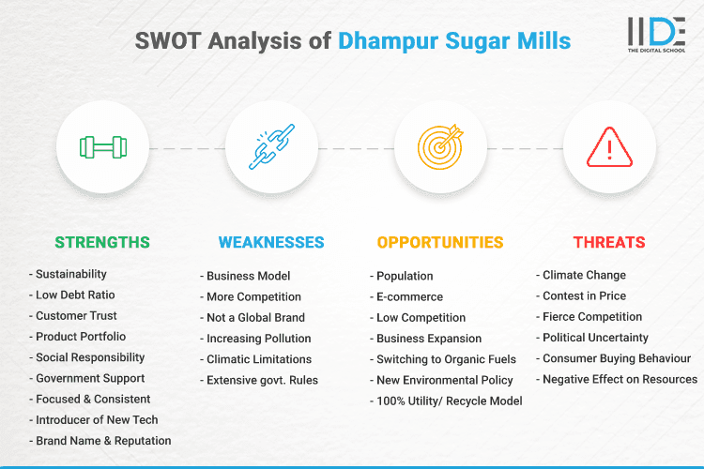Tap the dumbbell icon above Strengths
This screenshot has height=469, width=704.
pos(102,147)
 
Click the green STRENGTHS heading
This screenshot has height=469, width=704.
pos(102,242)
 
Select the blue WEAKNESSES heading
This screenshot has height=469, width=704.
pos(271,242)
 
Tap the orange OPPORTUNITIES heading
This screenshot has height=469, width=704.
pos(440,242)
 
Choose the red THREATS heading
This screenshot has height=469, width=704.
pos(609,242)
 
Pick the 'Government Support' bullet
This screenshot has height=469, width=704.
pos(90,378)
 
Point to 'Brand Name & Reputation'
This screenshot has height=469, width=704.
pos(103,440)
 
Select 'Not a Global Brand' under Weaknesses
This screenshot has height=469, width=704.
pos(255,317)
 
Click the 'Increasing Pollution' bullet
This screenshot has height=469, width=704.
pos(258,338)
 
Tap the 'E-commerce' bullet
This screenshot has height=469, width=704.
pos(409,296)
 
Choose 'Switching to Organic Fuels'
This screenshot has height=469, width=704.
pos(445,358)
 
